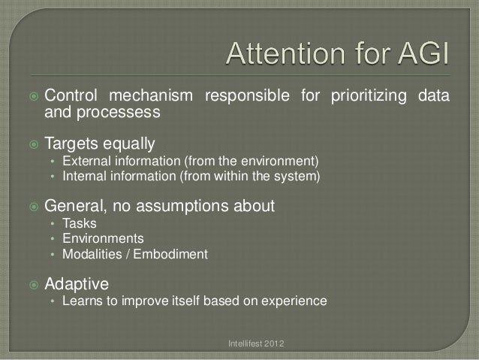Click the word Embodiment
pyautogui.click(x=173, y=254)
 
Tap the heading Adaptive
pyautogui.click(x=77, y=284)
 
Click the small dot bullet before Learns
pyautogui.click(x=52, y=302)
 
